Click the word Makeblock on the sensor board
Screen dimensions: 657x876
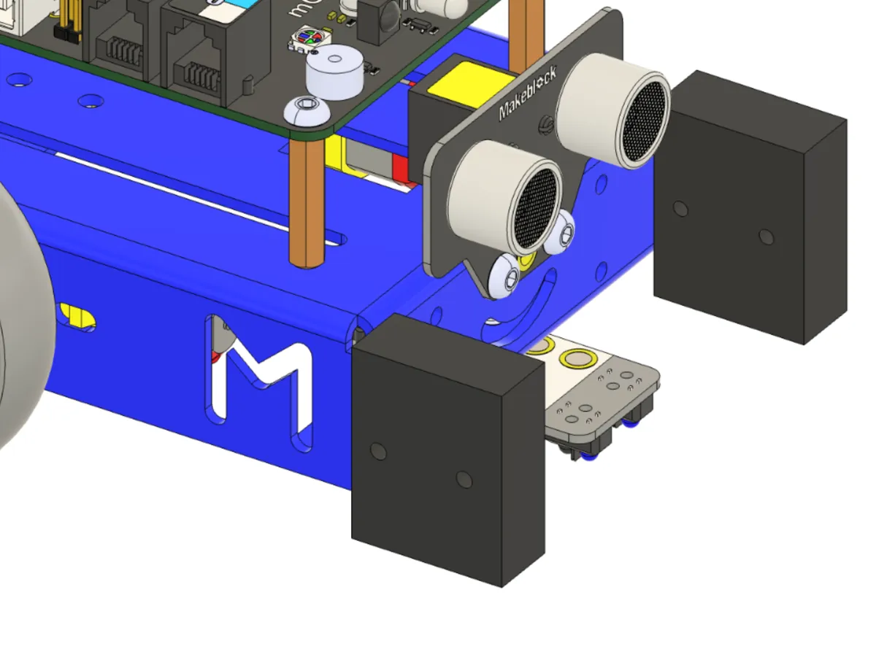[528, 92]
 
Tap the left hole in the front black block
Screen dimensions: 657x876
[377, 451]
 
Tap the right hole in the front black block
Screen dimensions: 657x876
[464, 479]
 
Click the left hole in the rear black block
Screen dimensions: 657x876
[680, 210]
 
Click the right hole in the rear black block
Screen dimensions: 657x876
[766, 237]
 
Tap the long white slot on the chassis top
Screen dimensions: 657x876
[197, 193]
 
